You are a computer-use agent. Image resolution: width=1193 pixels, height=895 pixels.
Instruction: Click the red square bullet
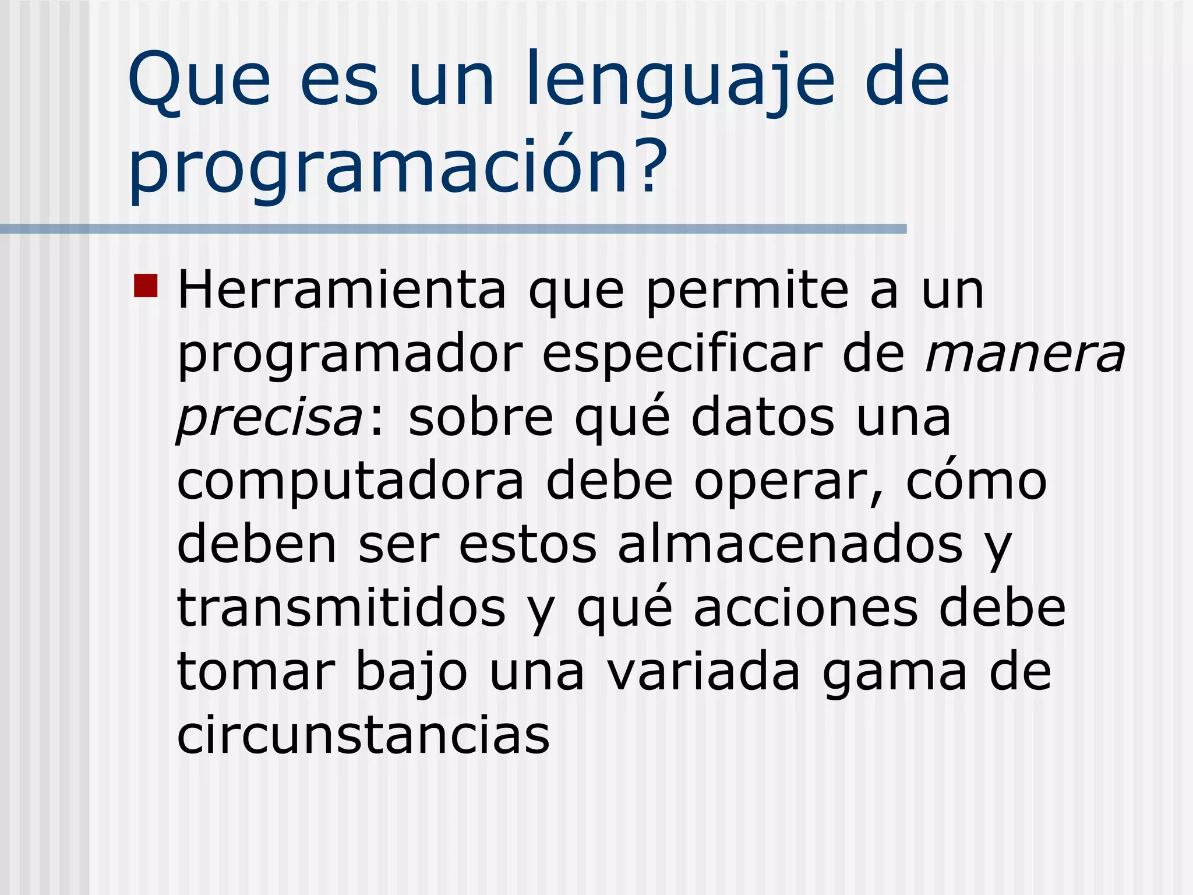146,286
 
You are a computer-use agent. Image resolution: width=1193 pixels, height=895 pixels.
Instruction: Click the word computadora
350,482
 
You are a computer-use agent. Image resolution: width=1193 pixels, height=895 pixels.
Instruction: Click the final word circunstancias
363,734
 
